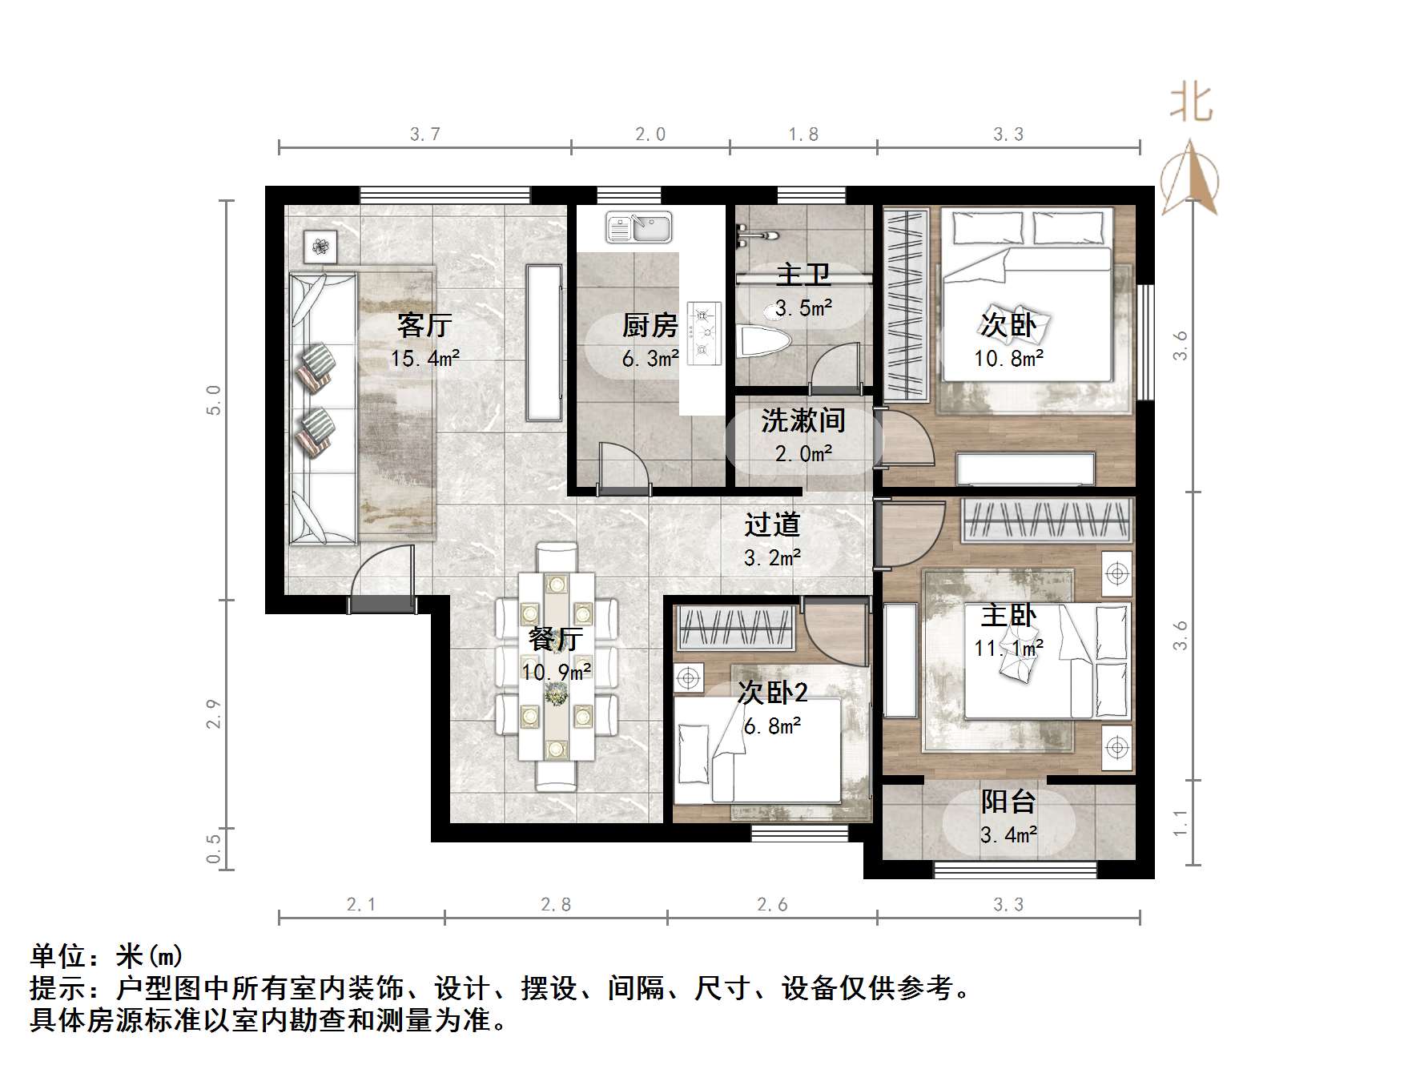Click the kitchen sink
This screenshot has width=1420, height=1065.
(x=638, y=227)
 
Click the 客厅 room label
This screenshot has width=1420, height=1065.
(x=424, y=326)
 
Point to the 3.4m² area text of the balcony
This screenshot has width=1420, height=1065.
(x=1008, y=835)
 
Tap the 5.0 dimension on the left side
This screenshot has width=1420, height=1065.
(x=213, y=400)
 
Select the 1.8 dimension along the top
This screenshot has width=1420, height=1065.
(x=803, y=135)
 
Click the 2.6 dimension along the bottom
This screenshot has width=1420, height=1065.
(x=772, y=905)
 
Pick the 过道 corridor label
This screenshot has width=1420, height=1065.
(x=772, y=525)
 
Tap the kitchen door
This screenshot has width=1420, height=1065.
(x=625, y=466)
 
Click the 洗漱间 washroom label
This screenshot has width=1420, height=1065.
(x=803, y=420)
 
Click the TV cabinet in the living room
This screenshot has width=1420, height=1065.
(x=544, y=343)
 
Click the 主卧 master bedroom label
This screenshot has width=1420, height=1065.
(x=1008, y=616)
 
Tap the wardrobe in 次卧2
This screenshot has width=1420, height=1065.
(x=736, y=628)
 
